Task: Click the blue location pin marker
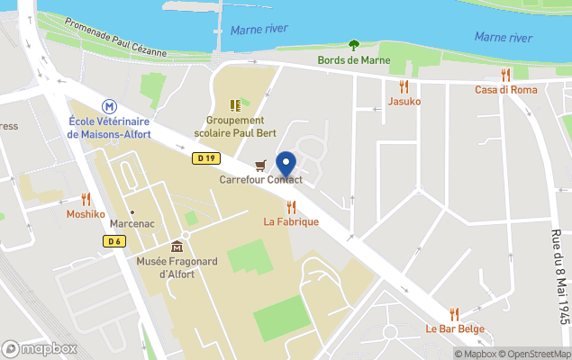(x=286, y=165)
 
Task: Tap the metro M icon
(x=109, y=105)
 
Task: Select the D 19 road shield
(x=205, y=158)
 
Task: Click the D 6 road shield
(x=113, y=240)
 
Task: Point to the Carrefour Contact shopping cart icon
(x=260, y=165)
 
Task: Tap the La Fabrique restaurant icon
(x=291, y=207)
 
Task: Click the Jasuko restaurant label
(x=404, y=102)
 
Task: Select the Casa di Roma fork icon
(x=505, y=75)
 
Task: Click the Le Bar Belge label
(x=454, y=329)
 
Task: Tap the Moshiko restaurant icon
(x=86, y=199)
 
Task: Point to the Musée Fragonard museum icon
(x=177, y=246)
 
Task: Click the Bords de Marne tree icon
(x=353, y=45)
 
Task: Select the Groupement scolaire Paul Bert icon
(x=235, y=105)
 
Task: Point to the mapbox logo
(x=40, y=348)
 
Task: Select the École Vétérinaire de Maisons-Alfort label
(x=109, y=128)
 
